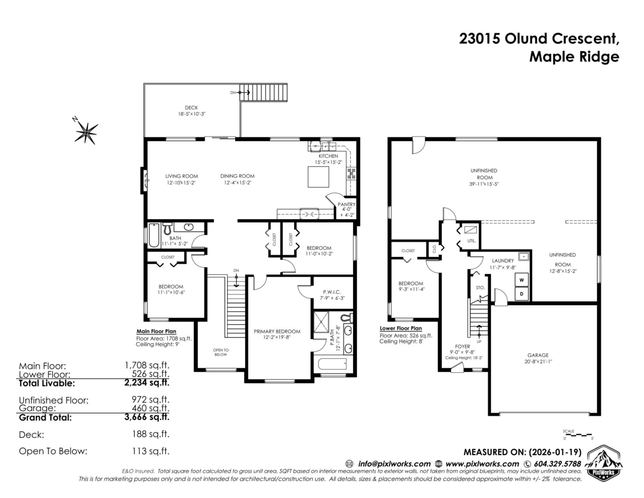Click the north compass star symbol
coord(86,133)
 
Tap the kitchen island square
coord(318,177)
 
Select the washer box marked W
coord(522,280)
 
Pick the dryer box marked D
coord(522,294)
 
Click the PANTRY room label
coord(347,204)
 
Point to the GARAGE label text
coord(538,355)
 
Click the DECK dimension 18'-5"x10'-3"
coord(192,114)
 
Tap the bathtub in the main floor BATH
coord(154,235)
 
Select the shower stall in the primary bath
coord(321,322)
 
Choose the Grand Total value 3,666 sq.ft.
coord(147,417)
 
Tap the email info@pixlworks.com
coord(394,464)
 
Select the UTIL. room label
coord(472,241)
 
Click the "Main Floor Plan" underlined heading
coord(156,331)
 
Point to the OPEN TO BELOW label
coord(221,352)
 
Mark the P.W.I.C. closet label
coord(332,292)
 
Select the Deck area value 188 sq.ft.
coord(151,434)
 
